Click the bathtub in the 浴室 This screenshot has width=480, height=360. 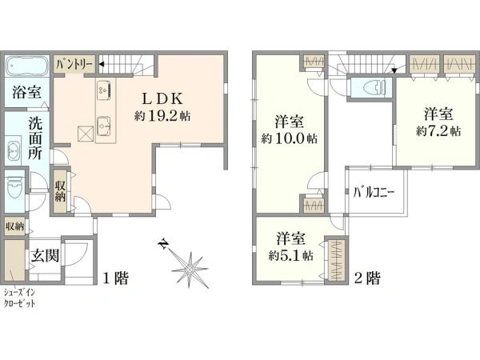click(x=26, y=66)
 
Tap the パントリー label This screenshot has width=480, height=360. click(x=74, y=64)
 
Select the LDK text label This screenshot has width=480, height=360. click(x=163, y=98)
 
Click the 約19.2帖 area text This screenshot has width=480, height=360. click(x=162, y=116)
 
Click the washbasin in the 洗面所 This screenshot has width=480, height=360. click(x=13, y=151)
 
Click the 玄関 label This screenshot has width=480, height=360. click(x=45, y=256)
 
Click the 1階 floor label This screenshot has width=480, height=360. click(x=115, y=278)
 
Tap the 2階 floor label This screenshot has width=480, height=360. click(x=367, y=278)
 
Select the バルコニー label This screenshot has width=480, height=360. click(x=374, y=193)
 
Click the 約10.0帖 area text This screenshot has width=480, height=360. click(x=289, y=139)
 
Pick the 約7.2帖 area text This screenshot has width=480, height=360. click(x=438, y=131)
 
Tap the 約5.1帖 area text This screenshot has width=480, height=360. click(x=290, y=255)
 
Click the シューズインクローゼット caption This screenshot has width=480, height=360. click(x=19, y=298)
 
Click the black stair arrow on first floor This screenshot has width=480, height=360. click(x=102, y=65)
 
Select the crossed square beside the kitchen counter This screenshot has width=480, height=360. click(x=86, y=134)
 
